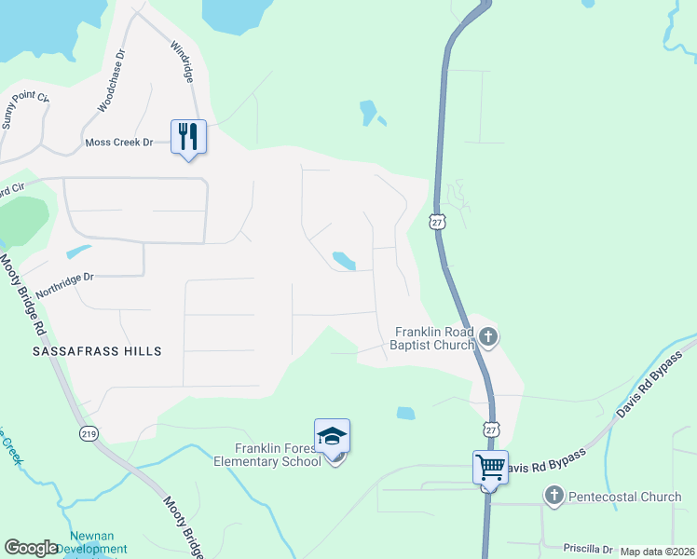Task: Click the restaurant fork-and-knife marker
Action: pyautogui.click(x=188, y=137)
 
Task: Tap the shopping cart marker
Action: pyautogui.click(x=490, y=468)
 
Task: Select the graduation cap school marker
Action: pyautogui.click(x=332, y=436)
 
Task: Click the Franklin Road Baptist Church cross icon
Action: pyautogui.click(x=488, y=337)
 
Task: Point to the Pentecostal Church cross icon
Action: pyautogui.click(x=554, y=496)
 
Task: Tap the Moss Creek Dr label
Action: pyautogui.click(x=118, y=143)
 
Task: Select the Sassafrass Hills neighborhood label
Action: pyautogui.click(x=97, y=351)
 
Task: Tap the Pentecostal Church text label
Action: pyautogui.click(x=627, y=497)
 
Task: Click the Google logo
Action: pyautogui.click(x=31, y=548)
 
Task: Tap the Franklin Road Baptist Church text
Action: pyautogui.click(x=434, y=338)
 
